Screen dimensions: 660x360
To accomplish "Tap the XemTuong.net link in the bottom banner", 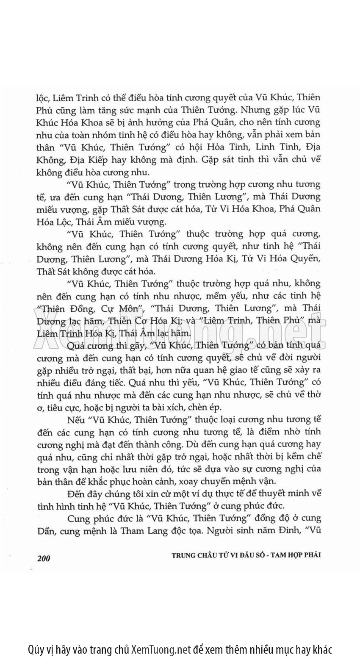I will (x=161, y=649).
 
